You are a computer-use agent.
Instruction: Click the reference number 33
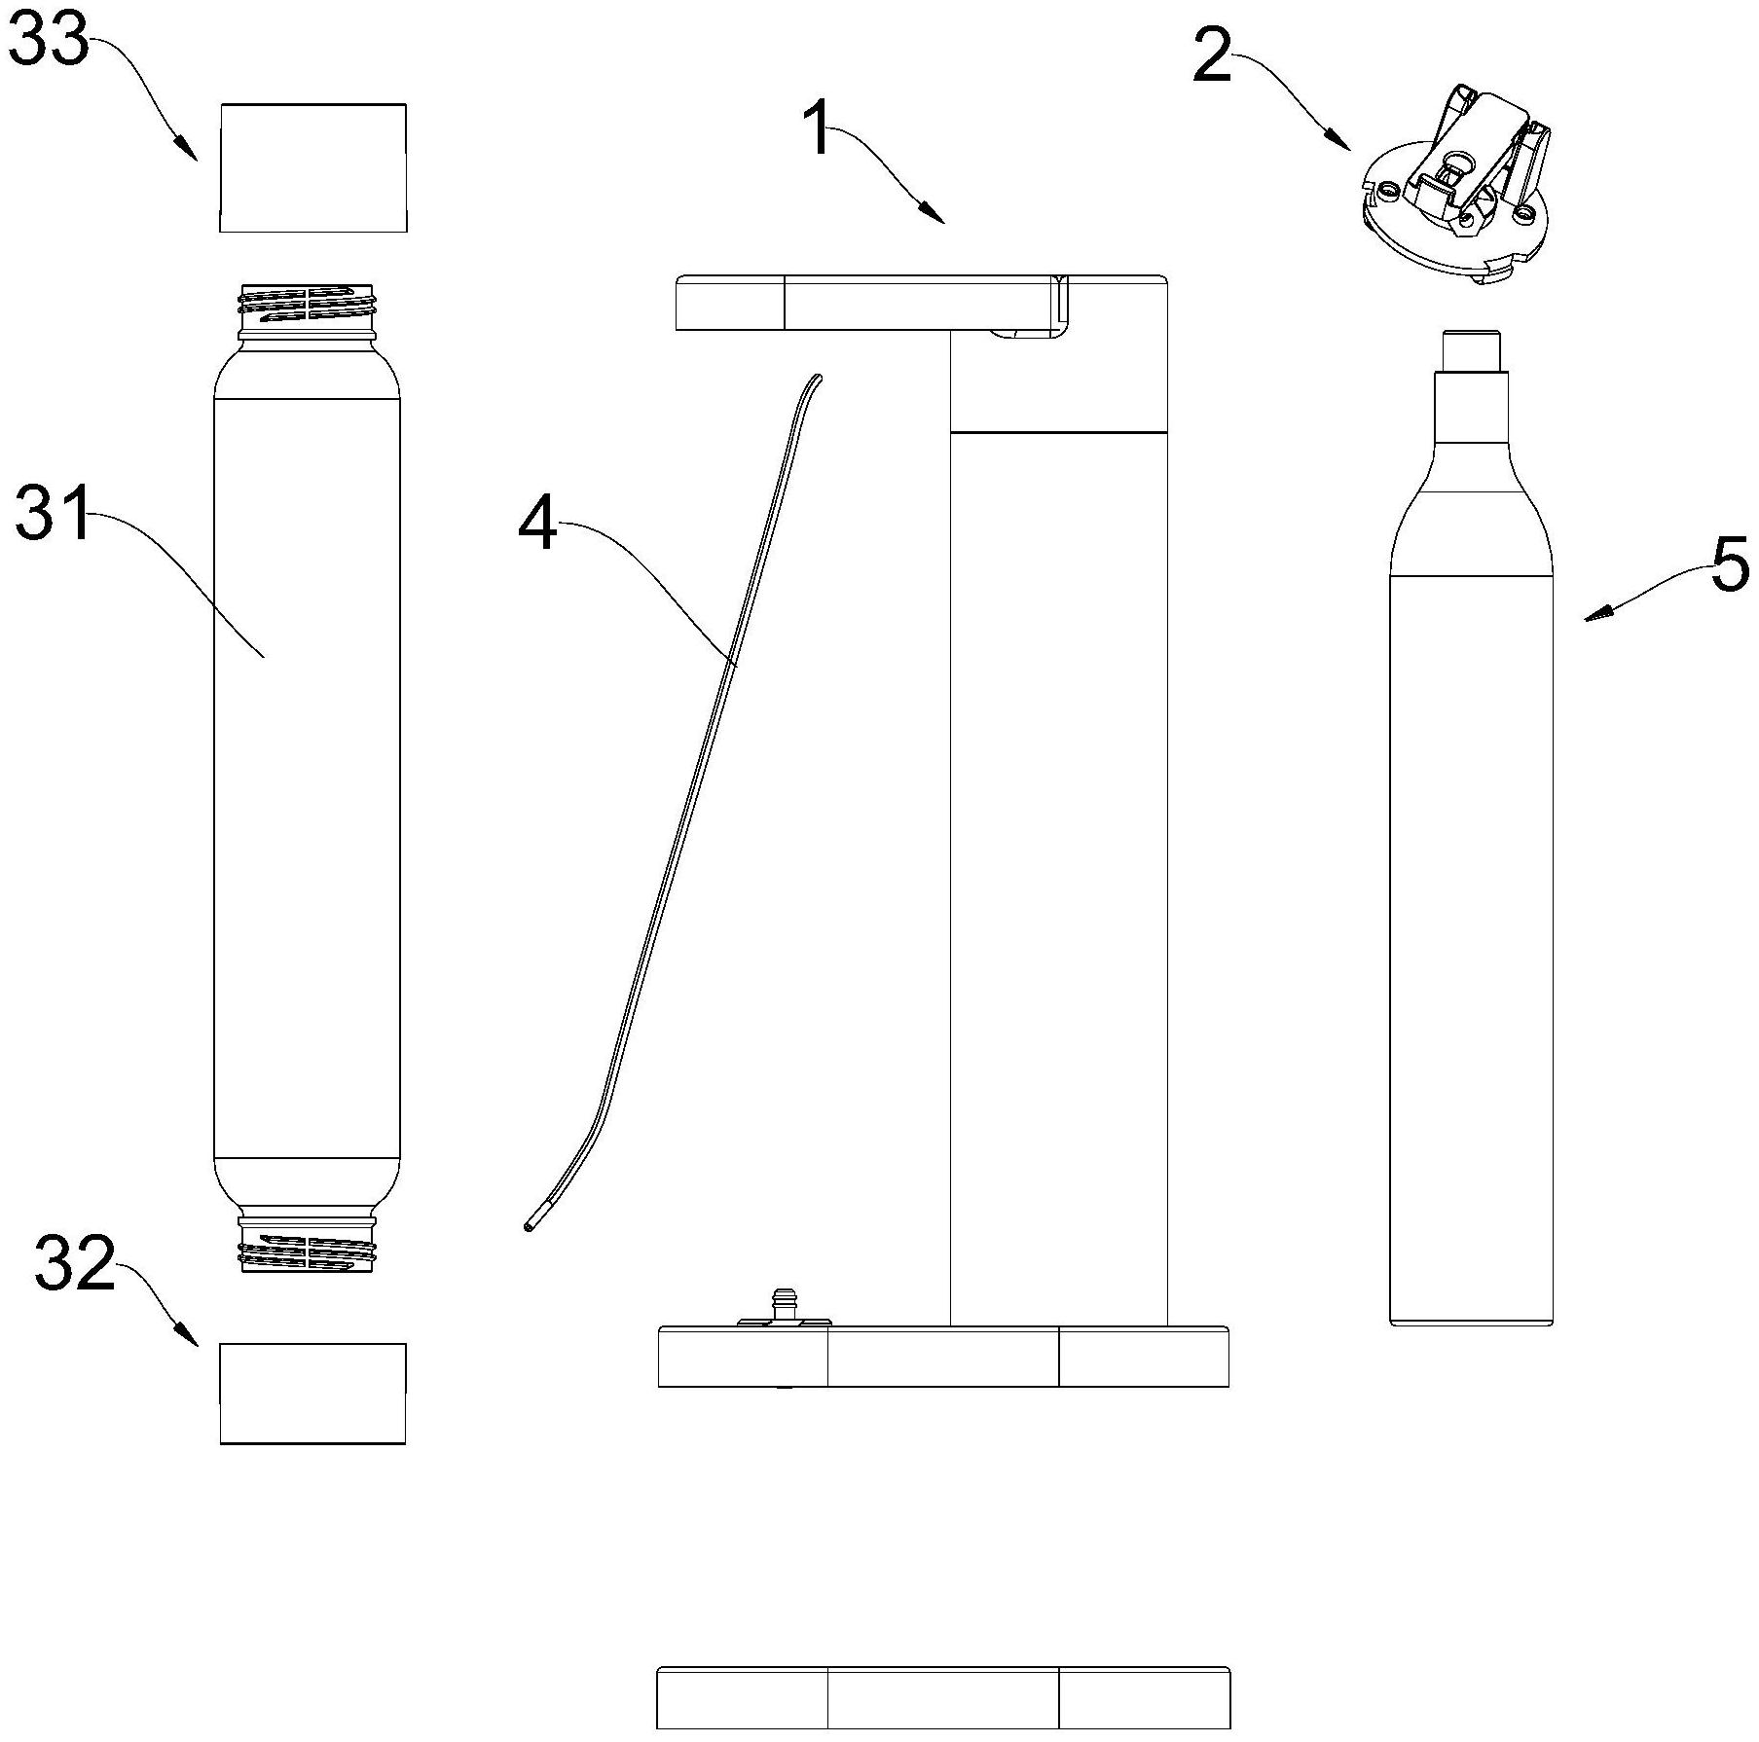[x=49, y=44]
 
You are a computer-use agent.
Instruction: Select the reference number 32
[x=74, y=1264]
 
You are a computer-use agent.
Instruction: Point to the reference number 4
[x=538, y=527]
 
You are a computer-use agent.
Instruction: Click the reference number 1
[x=820, y=129]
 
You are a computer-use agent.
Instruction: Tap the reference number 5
[x=1729, y=565]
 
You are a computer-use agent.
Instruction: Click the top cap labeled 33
[x=312, y=167]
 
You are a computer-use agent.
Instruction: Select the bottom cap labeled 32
[x=312, y=1393]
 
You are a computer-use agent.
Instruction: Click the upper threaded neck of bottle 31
[x=307, y=304]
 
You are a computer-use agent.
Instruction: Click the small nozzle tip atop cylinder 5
[x=1471, y=350]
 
